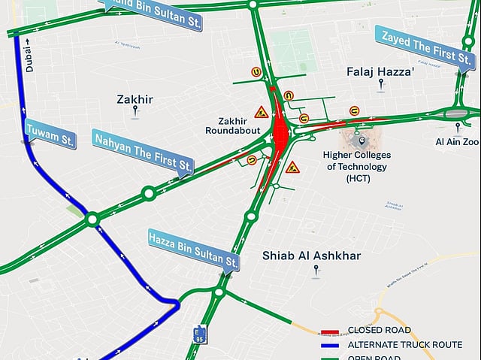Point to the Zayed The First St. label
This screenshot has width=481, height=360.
[x=426, y=47]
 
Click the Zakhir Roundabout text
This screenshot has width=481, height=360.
[x=233, y=126]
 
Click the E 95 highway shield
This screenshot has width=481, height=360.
[x=199, y=334]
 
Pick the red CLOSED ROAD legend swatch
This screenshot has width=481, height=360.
[x=329, y=331]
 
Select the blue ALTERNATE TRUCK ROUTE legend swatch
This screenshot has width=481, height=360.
[x=329, y=345]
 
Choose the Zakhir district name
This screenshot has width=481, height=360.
[x=135, y=99]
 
